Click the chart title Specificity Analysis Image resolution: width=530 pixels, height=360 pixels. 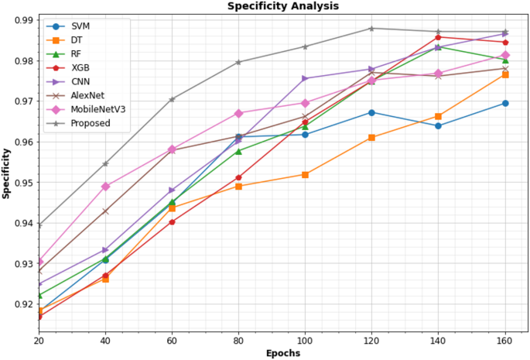click(282, 6)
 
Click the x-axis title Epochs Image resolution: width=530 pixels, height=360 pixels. click(282, 352)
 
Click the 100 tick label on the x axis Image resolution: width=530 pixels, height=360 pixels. click(305, 339)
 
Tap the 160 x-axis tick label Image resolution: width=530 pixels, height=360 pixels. click(505, 339)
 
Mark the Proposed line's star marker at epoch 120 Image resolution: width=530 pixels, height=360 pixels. click(372, 29)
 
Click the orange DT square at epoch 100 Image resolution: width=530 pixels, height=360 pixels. click(305, 174)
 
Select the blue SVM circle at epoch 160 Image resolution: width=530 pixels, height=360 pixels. click(505, 103)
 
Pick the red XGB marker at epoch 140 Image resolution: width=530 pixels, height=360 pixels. click(439, 37)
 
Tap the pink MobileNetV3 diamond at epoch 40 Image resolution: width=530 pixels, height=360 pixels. click(105, 187)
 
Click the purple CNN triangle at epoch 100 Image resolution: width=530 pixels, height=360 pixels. click(305, 78)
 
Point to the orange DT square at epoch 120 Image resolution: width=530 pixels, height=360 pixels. click(372, 137)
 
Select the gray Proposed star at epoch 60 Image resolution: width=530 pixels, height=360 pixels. click(172, 99)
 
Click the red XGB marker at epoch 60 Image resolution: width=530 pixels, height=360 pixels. click(172, 222)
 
